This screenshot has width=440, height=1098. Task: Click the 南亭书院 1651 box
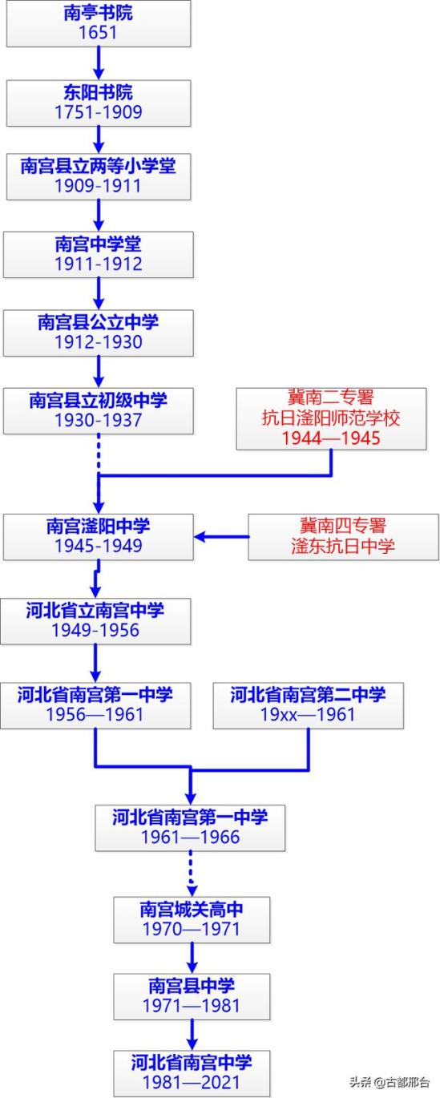click(99, 23)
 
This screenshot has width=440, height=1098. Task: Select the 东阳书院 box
click(99, 103)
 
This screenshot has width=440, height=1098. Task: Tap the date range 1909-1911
click(98, 186)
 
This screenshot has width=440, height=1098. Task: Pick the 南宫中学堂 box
click(99, 255)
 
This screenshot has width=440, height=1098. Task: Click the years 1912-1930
click(99, 342)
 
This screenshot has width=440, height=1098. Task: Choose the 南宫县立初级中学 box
click(99, 411)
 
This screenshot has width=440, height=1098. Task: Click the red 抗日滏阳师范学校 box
click(331, 418)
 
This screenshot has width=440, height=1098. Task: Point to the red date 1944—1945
click(331, 438)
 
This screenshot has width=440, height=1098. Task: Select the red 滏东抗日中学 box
click(343, 537)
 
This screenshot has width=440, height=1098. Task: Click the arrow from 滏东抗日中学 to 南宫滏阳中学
click(221, 537)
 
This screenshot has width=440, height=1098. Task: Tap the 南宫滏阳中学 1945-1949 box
click(99, 537)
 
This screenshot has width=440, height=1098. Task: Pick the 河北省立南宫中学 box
click(95, 621)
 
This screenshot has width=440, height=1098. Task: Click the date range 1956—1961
click(95, 714)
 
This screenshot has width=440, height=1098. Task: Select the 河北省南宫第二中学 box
click(309, 705)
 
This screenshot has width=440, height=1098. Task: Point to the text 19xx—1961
click(308, 714)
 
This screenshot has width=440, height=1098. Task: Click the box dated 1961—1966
click(190, 828)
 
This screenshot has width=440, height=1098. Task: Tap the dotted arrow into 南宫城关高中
click(191, 874)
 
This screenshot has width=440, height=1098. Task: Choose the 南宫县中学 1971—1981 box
click(192, 996)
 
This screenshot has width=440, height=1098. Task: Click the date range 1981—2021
click(191, 1082)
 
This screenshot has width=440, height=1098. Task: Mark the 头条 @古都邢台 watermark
click(390, 1082)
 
